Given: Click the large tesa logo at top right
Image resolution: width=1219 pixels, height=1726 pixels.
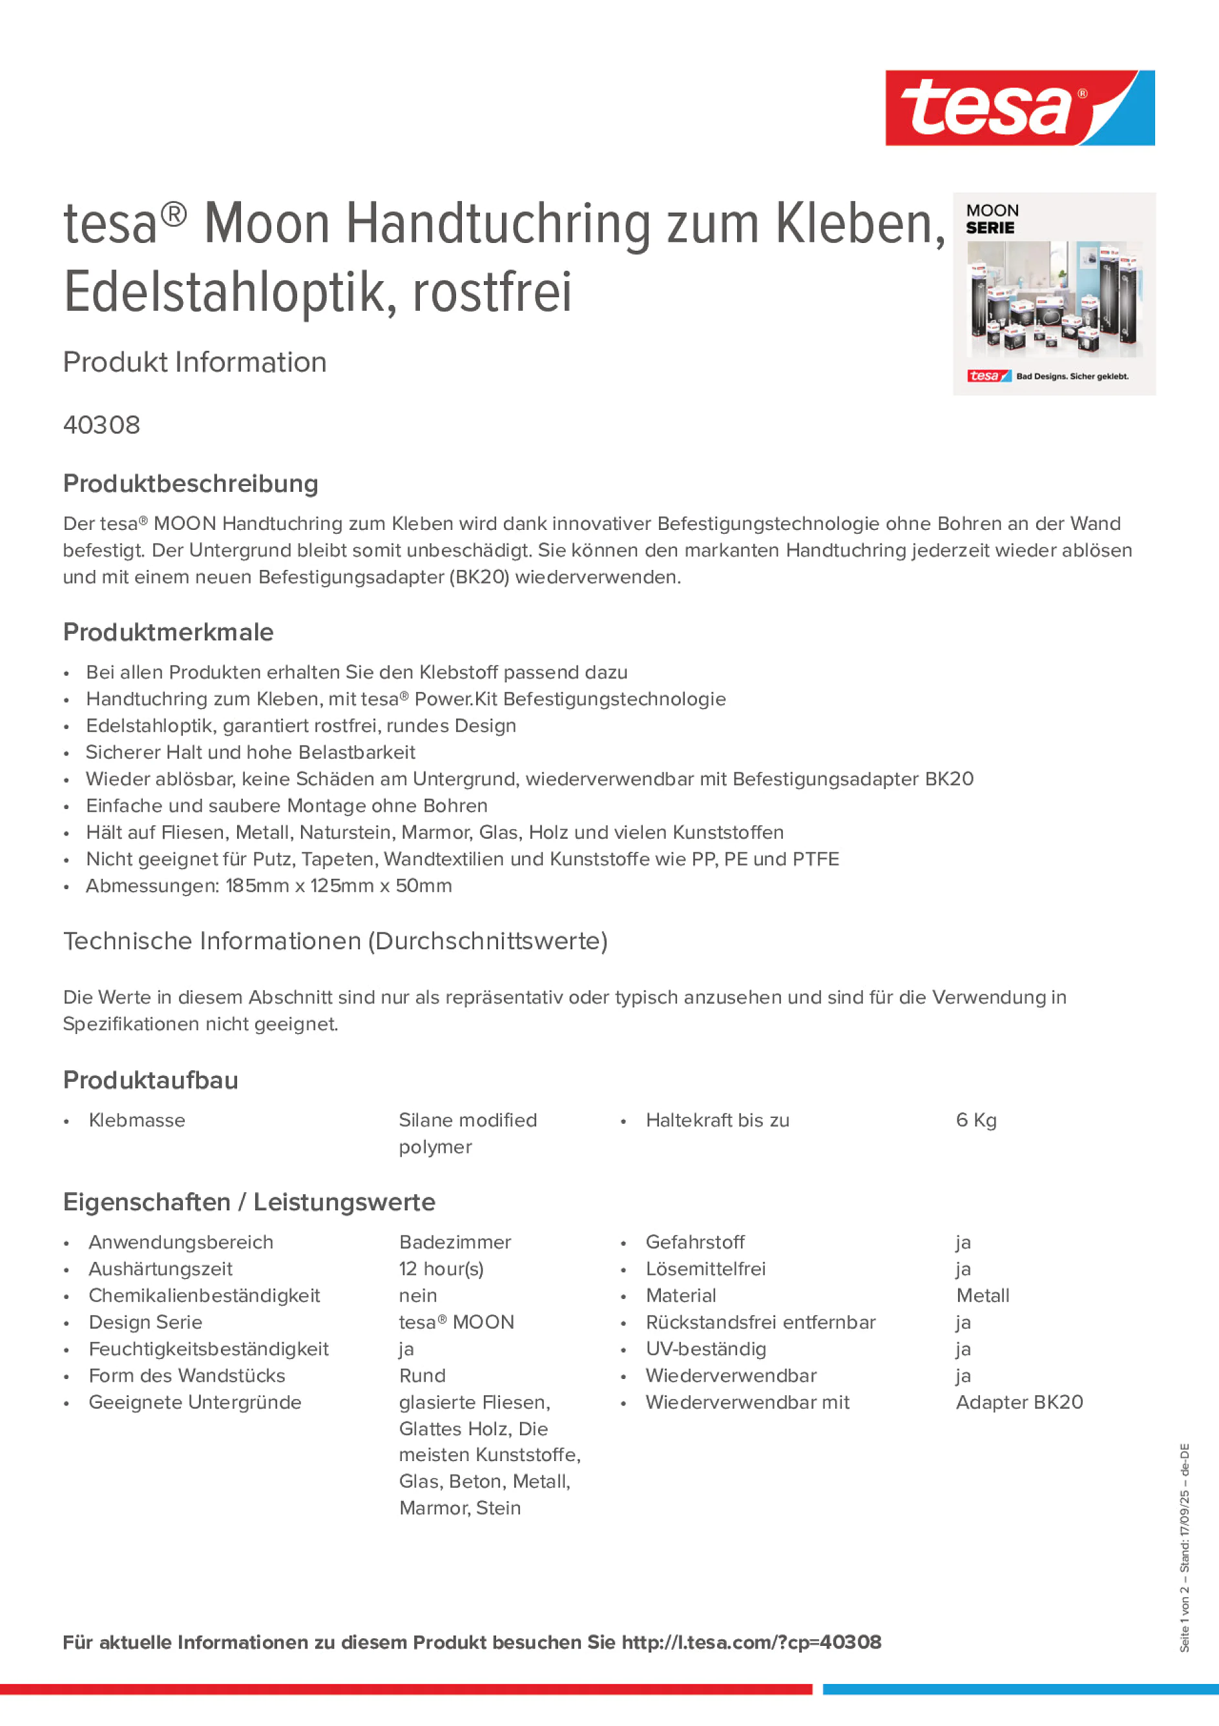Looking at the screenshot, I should pos(1019,109).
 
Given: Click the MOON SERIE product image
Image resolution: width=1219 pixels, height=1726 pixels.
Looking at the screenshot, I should pos(1054,294).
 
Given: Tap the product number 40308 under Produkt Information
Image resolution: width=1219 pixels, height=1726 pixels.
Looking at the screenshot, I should pos(101,425).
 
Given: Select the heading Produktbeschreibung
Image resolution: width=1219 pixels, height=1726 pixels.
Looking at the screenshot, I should pos(191,483).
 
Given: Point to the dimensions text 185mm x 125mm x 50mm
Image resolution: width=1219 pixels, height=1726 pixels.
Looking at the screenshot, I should pos(339,885).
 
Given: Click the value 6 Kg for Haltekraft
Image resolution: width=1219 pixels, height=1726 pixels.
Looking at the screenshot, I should pos(976,1120).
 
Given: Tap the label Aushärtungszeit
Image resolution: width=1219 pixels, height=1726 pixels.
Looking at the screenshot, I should pos(160,1269).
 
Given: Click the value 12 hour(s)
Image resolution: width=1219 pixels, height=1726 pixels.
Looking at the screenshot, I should pos(441,1269).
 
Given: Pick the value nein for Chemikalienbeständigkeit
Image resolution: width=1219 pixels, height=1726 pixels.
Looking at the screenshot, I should pos(418,1295).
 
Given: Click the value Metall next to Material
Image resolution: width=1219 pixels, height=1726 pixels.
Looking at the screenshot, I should pos(983,1295).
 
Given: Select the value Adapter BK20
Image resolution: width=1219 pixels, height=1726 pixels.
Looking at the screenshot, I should pos(1019,1402).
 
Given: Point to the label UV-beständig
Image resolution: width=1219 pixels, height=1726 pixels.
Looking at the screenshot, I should pos(705,1349).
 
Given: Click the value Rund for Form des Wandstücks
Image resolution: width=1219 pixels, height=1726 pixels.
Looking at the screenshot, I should pos(422,1376).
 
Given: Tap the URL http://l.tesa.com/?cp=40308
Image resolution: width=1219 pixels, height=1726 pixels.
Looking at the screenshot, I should pos(751,1642).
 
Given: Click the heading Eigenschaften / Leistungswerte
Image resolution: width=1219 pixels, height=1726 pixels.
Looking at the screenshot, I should pos(249,1202).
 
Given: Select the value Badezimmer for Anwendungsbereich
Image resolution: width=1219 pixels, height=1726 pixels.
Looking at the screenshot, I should pos(455,1242).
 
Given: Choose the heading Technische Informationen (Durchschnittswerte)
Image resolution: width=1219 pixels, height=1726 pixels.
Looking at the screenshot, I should pos(335,941).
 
